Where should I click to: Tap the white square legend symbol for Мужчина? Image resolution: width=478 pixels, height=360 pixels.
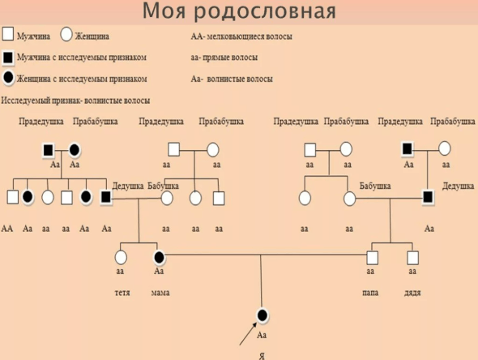click(7, 36)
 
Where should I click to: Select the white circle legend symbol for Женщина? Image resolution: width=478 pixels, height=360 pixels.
click(67, 36)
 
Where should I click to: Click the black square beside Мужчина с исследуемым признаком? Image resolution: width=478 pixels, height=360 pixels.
click(7, 58)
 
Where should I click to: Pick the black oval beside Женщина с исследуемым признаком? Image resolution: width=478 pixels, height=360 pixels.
click(7, 79)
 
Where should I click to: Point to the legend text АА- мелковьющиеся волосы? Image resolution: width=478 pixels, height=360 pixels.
click(241, 36)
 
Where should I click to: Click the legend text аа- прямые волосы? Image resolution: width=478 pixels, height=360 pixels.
click(225, 58)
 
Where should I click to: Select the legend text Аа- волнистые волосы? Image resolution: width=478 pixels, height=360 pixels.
click(231, 79)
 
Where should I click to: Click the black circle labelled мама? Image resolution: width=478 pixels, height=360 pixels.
click(160, 258)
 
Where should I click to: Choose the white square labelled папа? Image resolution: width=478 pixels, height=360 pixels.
click(372, 257)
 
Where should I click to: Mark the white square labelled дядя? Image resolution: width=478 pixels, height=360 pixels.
click(412, 257)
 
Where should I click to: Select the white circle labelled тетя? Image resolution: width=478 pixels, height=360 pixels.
click(122, 258)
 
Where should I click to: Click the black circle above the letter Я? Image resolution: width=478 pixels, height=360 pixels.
click(262, 315)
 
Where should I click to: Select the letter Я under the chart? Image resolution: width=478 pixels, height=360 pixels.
click(261, 354)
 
